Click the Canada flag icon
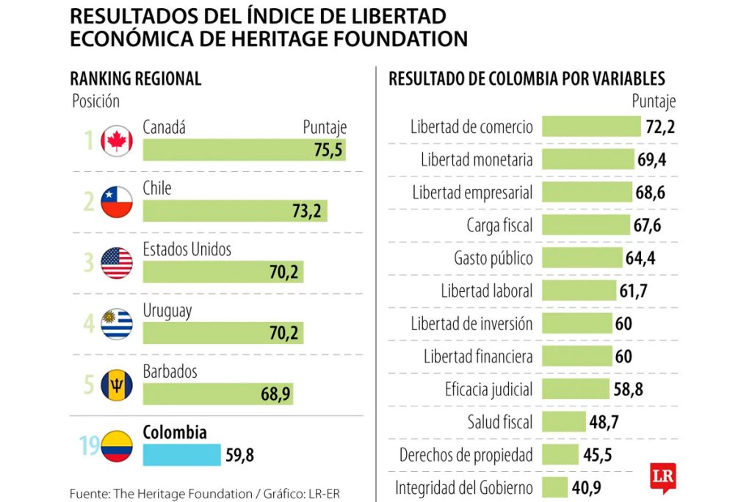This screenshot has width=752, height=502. [117, 141]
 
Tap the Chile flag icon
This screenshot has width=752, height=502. [117, 202]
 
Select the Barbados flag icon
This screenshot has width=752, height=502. [117, 384]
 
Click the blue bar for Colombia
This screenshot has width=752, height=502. [181, 455]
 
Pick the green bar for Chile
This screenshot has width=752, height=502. [235, 212]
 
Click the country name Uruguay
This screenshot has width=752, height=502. [167, 310]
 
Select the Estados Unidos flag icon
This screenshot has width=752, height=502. [117, 263]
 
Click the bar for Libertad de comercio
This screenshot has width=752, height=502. [591, 126]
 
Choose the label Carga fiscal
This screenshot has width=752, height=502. [499, 226]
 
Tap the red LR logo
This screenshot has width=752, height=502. [662, 476]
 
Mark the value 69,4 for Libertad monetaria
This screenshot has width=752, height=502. [652, 159]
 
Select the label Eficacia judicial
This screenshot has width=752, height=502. [488, 389]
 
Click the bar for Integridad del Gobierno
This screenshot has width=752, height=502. [554, 487]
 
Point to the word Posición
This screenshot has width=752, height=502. [95, 101]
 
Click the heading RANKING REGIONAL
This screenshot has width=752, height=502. [135, 79]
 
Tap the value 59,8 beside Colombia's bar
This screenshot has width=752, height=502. [239, 456]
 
